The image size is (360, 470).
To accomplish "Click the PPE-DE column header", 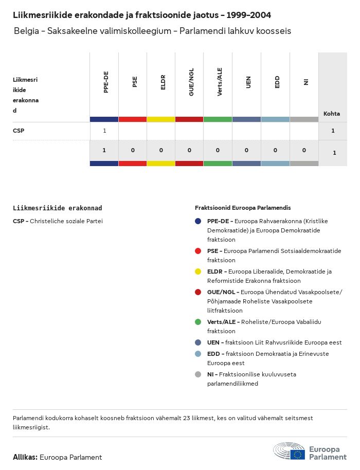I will point(105,82).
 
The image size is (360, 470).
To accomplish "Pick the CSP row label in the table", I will point(19,131).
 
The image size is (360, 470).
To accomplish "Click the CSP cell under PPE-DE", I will point(104,131).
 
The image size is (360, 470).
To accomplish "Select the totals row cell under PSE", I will point(133,150).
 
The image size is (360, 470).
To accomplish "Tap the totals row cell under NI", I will point(304,150).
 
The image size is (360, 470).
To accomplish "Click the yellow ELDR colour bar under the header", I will point(161,119).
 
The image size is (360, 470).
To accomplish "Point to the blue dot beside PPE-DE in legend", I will point(198,221).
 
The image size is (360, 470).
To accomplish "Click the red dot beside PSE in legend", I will point(198,251).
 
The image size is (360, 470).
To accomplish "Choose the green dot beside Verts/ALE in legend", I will point(198,322).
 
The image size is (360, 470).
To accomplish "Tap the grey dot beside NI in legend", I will point(198,374).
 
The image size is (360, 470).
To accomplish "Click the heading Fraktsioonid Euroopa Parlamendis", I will point(243,208).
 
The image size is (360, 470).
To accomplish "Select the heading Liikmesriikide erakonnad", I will point(57,208).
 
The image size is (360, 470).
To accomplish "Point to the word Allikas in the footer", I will point(25,457).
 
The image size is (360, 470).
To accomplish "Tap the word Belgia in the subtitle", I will point(26,31).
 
